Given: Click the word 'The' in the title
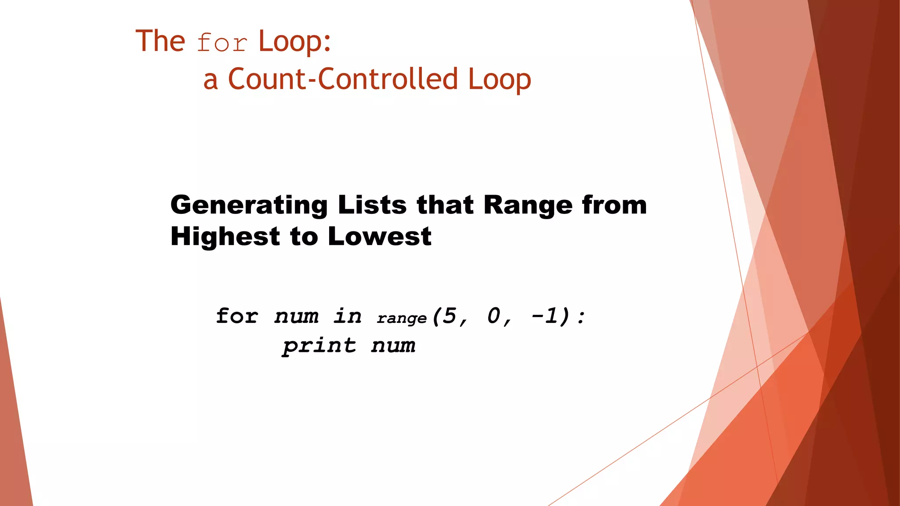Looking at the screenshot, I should click(160, 41).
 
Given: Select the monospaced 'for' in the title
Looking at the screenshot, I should click(222, 43).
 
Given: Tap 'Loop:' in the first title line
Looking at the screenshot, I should click(294, 41).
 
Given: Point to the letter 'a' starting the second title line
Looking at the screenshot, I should click(210, 81).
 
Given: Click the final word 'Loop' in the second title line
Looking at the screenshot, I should click(499, 80).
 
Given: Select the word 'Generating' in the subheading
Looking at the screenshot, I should click(249, 206).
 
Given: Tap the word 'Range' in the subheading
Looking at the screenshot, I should click(528, 205).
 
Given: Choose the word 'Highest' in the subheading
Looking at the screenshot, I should click(225, 237).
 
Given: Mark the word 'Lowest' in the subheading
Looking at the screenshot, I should click(380, 237).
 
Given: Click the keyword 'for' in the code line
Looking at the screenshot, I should click(237, 316).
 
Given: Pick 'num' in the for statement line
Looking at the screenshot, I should click(297, 316).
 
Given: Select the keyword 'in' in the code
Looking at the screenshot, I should click(348, 316).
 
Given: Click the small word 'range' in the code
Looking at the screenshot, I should click(402, 318).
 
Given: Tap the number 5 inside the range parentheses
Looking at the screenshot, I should click(449, 315).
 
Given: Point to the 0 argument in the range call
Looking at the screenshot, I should click(494, 315).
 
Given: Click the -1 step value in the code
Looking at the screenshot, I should click(545, 315).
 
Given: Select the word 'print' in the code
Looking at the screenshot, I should click(319, 346).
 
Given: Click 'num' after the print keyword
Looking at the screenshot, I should click(393, 346).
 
